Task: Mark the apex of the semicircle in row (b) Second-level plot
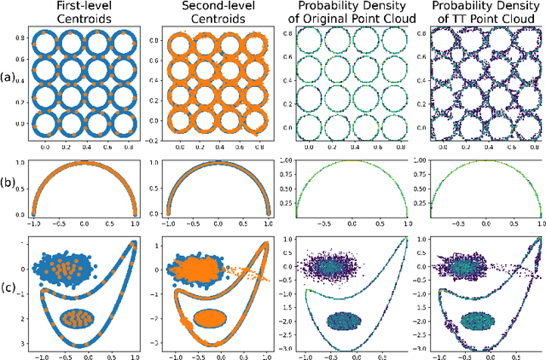218,160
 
